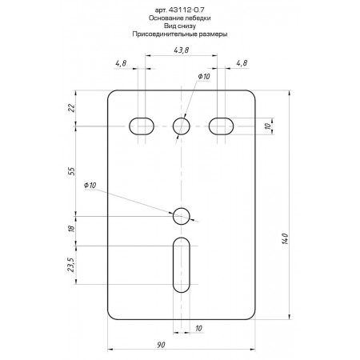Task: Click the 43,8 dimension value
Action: click(x=182, y=50)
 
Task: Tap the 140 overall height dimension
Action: click(x=285, y=238)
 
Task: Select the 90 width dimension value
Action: click(x=161, y=345)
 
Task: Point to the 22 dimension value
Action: click(x=72, y=108)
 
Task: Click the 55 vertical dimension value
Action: click(x=72, y=171)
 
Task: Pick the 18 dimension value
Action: click(x=72, y=228)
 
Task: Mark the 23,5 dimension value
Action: click(x=70, y=265)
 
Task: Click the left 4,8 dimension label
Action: click(x=121, y=63)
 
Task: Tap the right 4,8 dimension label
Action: click(x=242, y=63)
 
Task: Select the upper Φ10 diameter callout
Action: click(x=204, y=77)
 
